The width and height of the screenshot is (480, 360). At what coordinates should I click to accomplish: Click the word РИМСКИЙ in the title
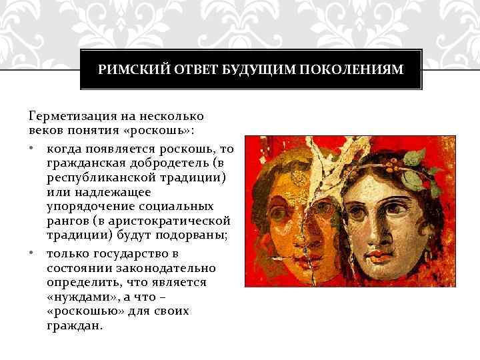[x=125, y=69]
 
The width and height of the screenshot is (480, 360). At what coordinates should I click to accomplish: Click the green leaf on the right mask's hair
[x=415, y=157]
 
